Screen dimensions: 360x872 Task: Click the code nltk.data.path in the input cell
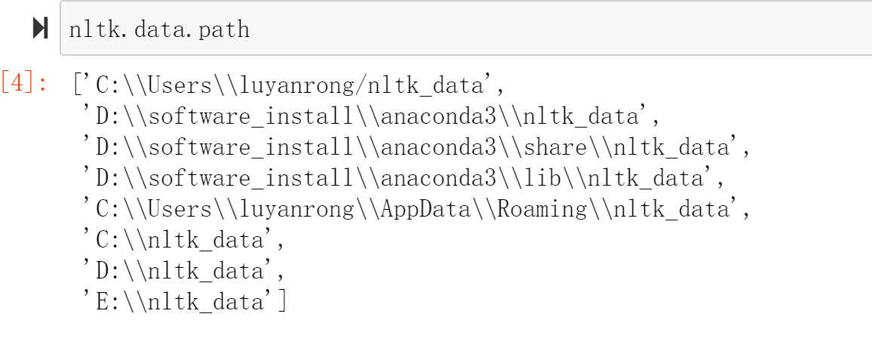tap(158, 29)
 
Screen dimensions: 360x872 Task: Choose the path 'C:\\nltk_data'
tap(181, 240)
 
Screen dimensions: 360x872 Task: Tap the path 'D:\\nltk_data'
tap(181, 271)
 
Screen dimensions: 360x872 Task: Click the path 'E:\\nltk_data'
tap(181, 302)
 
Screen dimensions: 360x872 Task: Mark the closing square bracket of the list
tap(282, 302)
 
